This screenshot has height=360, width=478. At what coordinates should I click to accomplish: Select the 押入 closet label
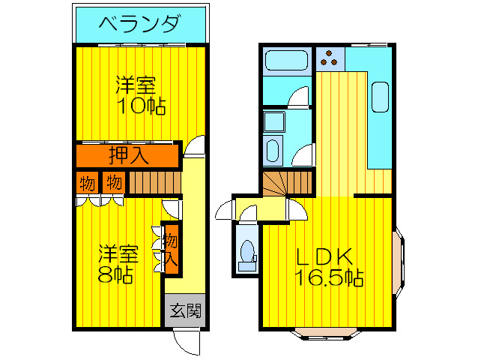128,156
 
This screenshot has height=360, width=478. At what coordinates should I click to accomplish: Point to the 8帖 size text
115,274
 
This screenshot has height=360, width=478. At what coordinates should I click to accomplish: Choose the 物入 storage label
171,250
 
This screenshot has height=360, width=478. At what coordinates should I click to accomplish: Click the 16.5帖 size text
329,278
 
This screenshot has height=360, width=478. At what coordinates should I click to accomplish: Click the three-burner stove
329,57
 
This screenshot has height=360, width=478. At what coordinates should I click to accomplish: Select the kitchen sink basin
379,98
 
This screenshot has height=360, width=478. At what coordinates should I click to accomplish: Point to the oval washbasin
271,149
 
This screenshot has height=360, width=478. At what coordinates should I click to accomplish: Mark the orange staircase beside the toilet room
286,182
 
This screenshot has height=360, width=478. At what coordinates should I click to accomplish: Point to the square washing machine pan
273,122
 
